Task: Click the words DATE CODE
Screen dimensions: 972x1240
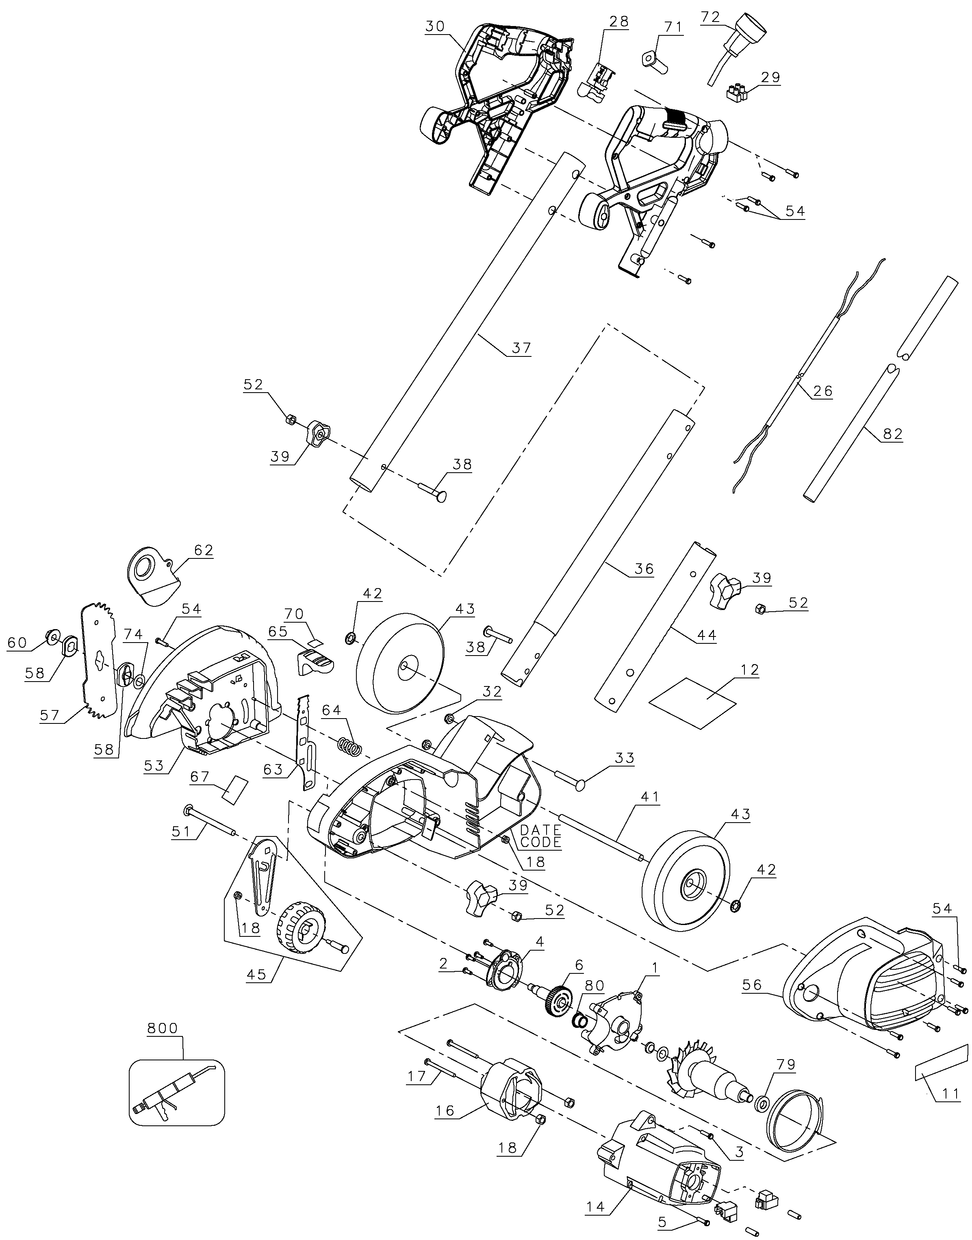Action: (x=540, y=836)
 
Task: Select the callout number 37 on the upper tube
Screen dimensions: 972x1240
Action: (x=521, y=347)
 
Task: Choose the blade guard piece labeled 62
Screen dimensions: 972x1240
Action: (x=152, y=577)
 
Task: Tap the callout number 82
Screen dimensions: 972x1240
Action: (x=892, y=434)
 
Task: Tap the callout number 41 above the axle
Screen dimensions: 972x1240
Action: (x=649, y=797)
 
